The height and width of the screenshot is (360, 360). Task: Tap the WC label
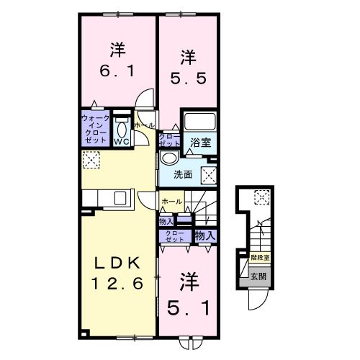[x=121, y=141]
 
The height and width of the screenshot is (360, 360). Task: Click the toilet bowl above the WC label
[x=121, y=128]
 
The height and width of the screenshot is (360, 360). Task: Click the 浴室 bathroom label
[x=201, y=143]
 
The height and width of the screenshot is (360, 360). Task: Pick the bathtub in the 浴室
[x=201, y=122]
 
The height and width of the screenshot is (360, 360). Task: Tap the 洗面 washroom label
[x=183, y=174]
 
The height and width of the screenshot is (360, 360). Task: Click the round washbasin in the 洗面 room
[x=168, y=158]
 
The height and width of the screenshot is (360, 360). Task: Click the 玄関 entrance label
[x=258, y=274]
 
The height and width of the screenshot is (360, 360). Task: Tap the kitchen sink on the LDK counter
[x=119, y=197]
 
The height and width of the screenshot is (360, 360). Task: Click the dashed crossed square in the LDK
[x=91, y=161]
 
